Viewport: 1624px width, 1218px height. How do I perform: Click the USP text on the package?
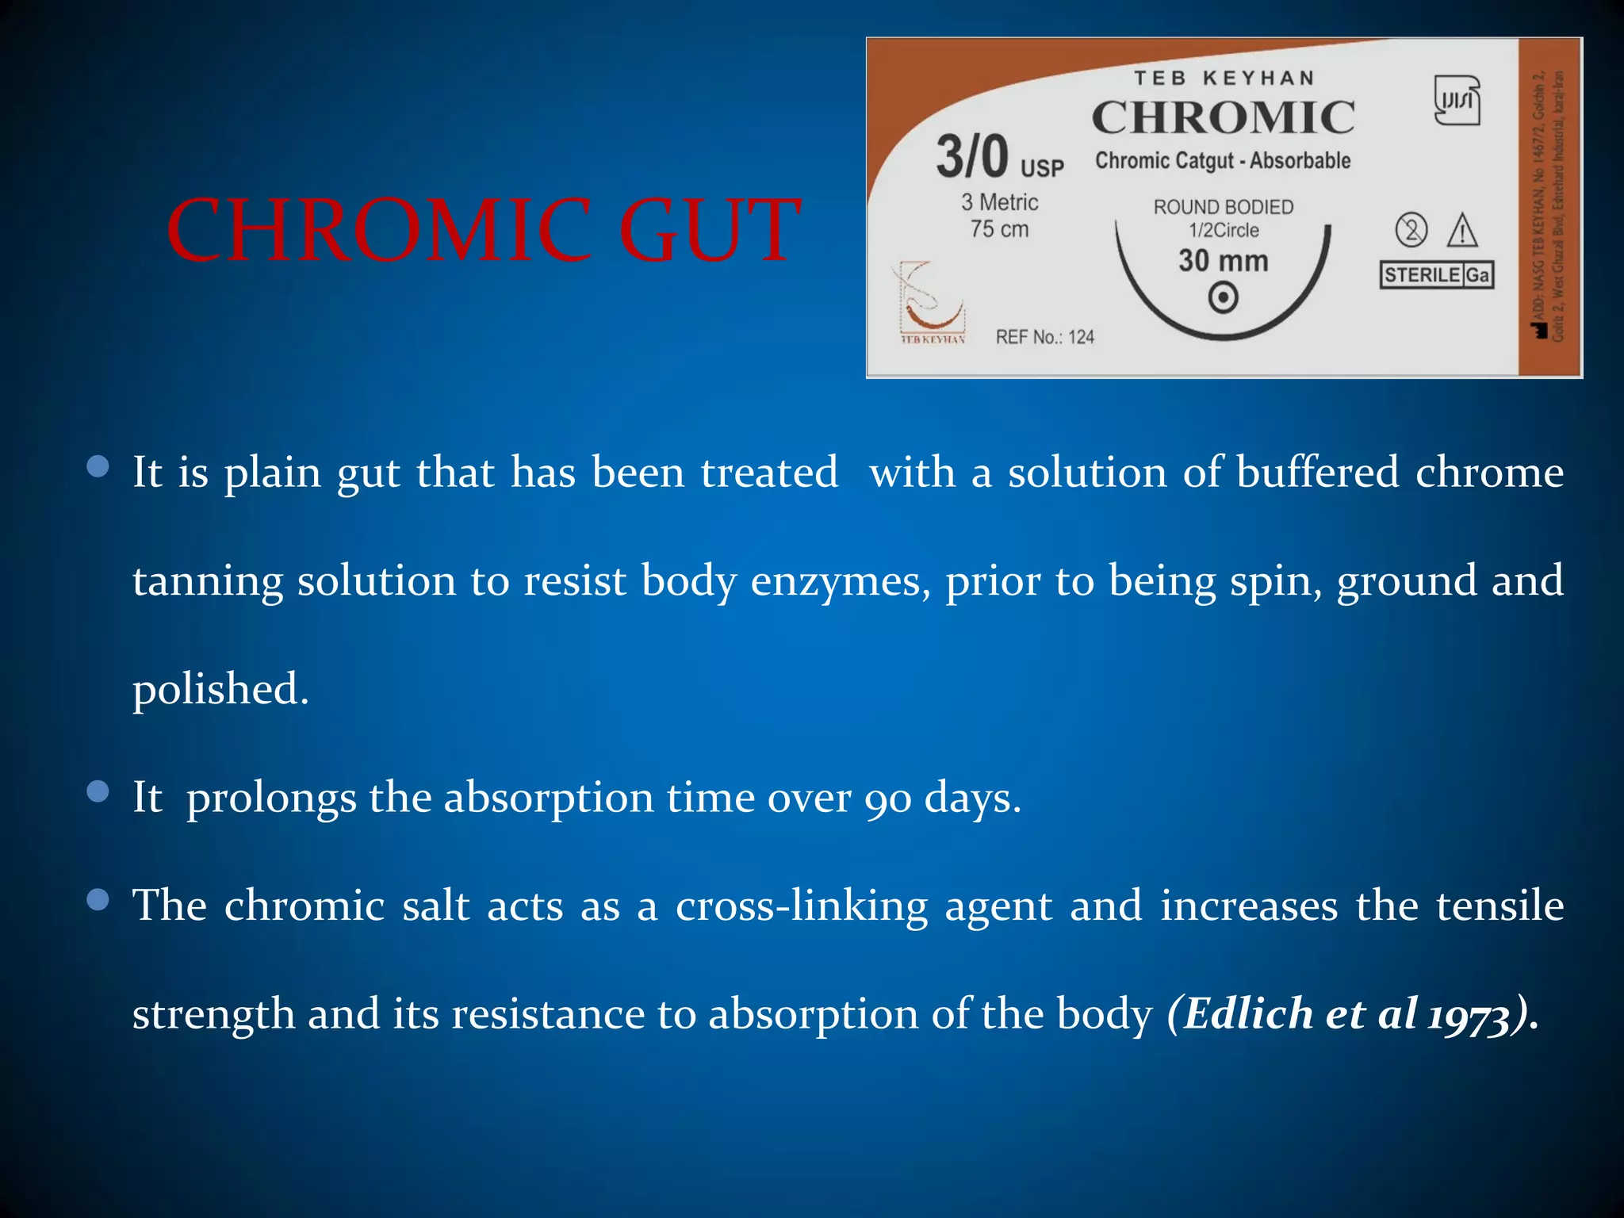[x=1042, y=168]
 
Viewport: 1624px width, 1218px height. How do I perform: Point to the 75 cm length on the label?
[x=999, y=229]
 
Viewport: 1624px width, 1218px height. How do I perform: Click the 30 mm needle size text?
[x=1223, y=261]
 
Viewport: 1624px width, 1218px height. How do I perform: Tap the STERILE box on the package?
[x=1421, y=275]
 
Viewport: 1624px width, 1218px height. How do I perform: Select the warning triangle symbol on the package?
[x=1461, y=231]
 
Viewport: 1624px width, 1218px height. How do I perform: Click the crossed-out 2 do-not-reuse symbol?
[x=1411, y=231]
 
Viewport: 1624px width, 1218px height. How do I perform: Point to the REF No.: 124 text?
[x=1044, y=337]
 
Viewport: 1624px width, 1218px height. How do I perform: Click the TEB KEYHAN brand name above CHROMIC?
[x=1224, y=78]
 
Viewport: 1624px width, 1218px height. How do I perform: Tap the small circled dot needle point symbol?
[x=1223, y=298]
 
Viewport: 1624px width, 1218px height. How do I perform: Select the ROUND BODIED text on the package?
[x=1223, y=207]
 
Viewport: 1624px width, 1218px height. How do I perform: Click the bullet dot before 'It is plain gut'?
[x=98, y=466]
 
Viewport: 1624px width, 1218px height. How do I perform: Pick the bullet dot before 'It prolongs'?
[x=98, y=791]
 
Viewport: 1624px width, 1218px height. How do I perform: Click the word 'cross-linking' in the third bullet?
[x=801, y=906]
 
